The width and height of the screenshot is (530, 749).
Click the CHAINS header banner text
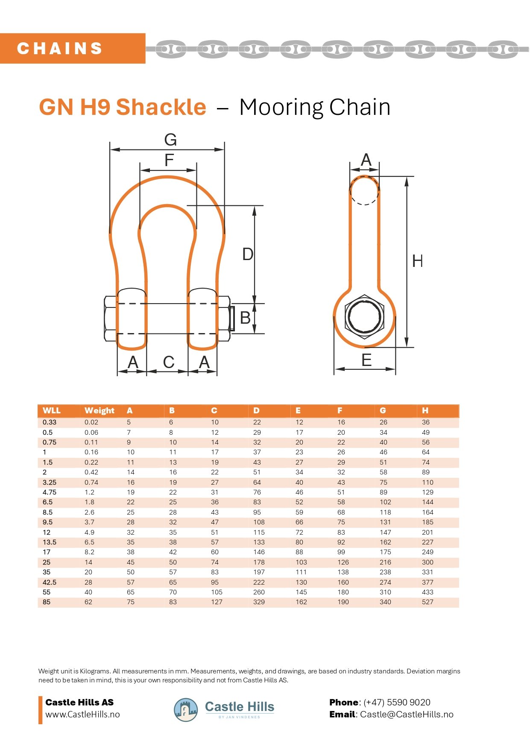click(x=60, y=48)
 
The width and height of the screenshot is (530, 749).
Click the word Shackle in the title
click(x=161, y=107)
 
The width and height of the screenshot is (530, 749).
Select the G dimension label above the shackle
click(x=170, y=140)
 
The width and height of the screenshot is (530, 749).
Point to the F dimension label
click(x=169, y=161)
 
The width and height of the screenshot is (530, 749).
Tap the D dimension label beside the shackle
click(x=248, y=254)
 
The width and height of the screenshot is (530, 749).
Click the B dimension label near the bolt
click(x=245, y=318)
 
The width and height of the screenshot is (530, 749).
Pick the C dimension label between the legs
click(x=169, y=362)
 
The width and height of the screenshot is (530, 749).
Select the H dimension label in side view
click(x=417, y=261)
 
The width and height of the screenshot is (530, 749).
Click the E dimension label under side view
click(x=366, y=360)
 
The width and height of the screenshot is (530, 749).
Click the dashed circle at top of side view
click(x=364, y=190)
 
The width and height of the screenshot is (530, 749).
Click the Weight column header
click(x=99, y=410)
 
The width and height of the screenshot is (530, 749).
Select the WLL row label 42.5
click(x=49, y=582)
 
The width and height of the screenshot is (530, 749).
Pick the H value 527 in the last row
click(x=428, y=602)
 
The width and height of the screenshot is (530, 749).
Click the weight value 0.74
click(x=91, y=482)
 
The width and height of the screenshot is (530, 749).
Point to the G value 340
click(x=385, y=602)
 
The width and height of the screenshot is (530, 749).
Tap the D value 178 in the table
click(x=259, y=562)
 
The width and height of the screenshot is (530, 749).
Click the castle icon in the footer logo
click(x=186, y=710)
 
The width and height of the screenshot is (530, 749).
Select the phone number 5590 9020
click(x=409, y=702)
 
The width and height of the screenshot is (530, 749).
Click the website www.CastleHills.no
click(x=82, y=714)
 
